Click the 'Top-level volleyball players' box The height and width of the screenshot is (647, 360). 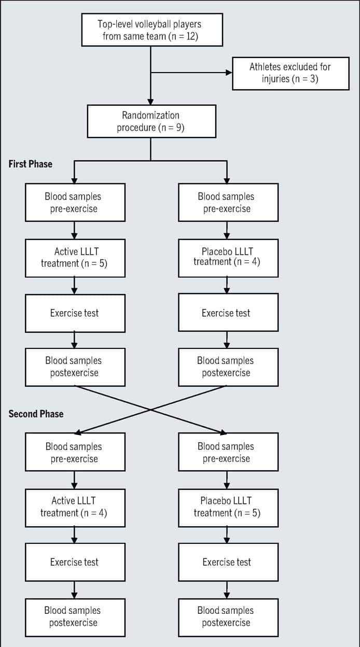click(x=152, y=30)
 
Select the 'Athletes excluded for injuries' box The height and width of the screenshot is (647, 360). click(x=290, y=74)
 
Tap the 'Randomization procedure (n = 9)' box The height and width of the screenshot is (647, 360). click(x=151, y=121)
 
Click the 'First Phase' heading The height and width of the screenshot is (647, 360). click(x=30, y=164)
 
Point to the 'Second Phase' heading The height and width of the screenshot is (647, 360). click(x=36, y=414)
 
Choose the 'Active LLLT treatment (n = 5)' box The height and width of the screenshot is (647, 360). click(x=75, y=258)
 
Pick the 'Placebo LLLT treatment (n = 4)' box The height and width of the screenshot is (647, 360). click(x=228, y=258)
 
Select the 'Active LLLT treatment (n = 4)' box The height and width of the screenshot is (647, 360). click(x=75, y=508)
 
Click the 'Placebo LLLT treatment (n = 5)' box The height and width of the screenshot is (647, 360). click(x=228, y=508)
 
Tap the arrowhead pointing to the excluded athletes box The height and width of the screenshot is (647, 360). click(x=229, y=73)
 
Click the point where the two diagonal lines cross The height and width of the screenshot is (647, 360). click(x=150, y=410)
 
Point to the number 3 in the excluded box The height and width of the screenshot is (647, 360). click(x=313, y=79)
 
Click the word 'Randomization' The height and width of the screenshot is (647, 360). click(x=150, y=115)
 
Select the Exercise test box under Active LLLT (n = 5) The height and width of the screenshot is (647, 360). click(x=75, y=313)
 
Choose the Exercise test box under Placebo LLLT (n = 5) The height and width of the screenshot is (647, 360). click(x=228, y=562)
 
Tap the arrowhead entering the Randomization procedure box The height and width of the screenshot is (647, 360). click(x=150, y=102)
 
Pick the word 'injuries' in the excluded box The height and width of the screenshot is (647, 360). click(x=275, y=79)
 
